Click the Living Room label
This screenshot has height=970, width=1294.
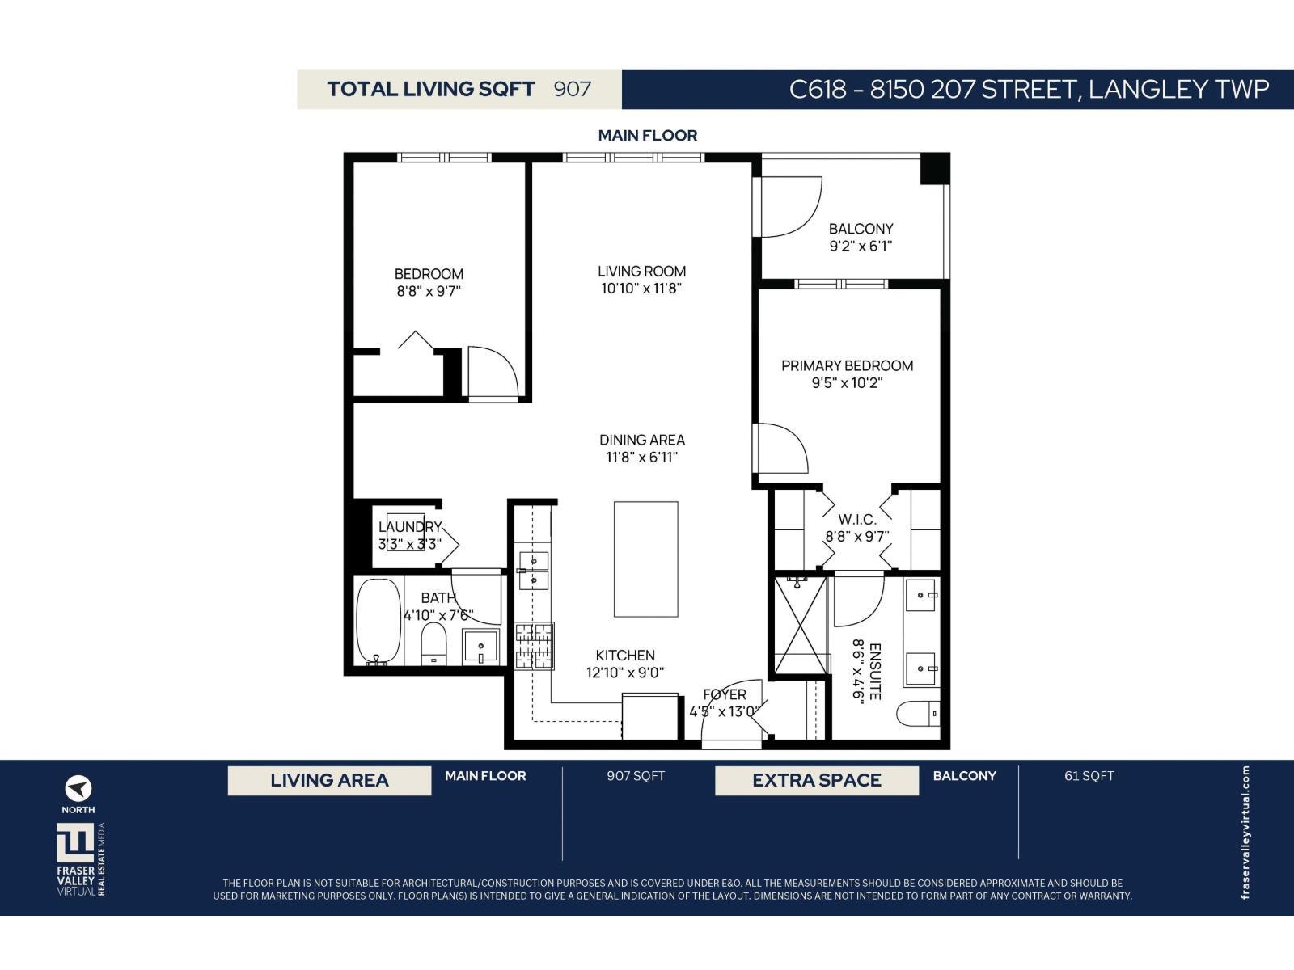coord(641,272)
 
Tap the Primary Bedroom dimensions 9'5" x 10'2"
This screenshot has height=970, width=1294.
coord(847,383)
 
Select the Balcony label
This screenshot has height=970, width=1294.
coord(861,229)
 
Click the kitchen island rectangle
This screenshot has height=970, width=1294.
coord(645,559)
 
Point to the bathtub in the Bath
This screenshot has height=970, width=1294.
coord(378,622)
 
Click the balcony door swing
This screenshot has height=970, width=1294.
coord(789,208)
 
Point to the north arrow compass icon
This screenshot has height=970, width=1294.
coord(78,788)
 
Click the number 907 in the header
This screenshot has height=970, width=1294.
coord(573,89)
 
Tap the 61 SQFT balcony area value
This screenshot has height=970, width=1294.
coord(1089,776)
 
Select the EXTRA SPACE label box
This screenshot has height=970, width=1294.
coord(816,781)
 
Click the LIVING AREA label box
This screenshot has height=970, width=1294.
coord(329,781)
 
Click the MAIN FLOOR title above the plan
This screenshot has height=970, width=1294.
coord(647,136)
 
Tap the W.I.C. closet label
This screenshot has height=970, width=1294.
coord(856,519)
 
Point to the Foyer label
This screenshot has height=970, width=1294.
coord(724,694)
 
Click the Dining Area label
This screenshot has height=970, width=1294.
coord(641,440)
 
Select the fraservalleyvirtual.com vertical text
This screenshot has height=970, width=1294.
coord(1245,832)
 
